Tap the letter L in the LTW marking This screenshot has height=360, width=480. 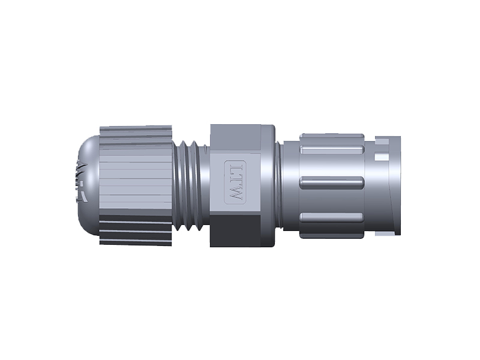coord(235,167)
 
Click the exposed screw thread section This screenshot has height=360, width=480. coord(192,186)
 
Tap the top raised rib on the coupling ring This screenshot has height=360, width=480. coord(332,149)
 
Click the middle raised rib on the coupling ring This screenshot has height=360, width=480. coord(332,182)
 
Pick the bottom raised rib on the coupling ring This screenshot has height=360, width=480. coord(332,217)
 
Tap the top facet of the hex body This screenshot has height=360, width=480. coord(235,137)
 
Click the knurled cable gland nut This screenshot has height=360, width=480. coord(135,180)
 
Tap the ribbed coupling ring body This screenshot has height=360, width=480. coord(324,198)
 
